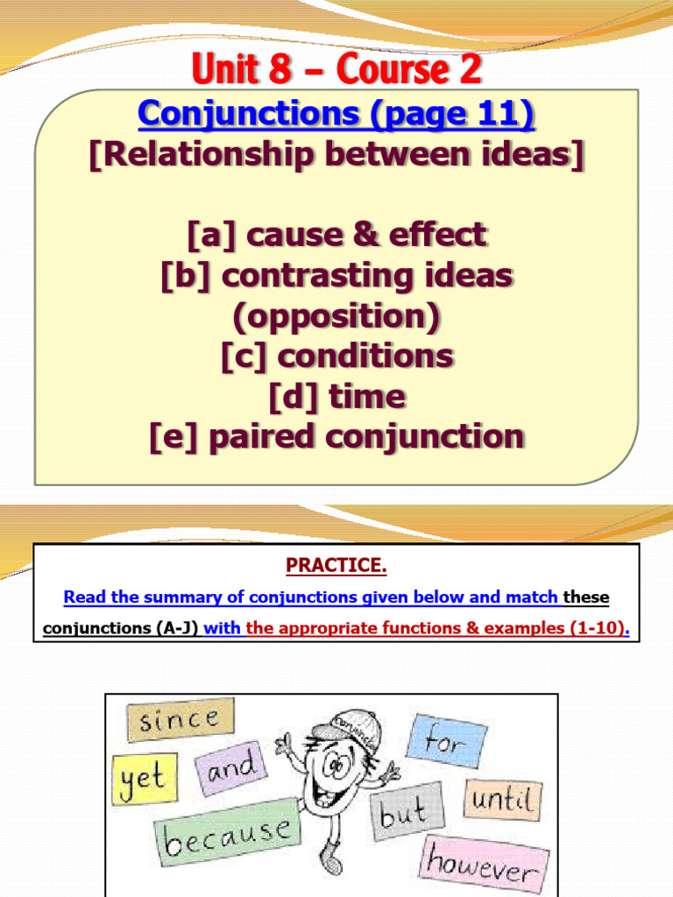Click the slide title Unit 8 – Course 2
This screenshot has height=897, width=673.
tap(336, 69)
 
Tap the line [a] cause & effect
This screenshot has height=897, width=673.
tap(336, 235)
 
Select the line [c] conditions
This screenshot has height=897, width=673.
tap(336, 356)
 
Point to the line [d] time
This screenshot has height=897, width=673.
tap(336, 396)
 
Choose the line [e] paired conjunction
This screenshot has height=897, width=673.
tap(336, 436)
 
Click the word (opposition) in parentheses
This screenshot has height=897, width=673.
tap(336, 315)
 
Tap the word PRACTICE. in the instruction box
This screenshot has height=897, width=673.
tap(336, 566)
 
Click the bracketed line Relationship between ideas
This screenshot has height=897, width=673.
tap(336, 154)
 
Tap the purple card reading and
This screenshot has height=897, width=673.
tap(231, 768)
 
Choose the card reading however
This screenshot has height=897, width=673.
tap(485, 863)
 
